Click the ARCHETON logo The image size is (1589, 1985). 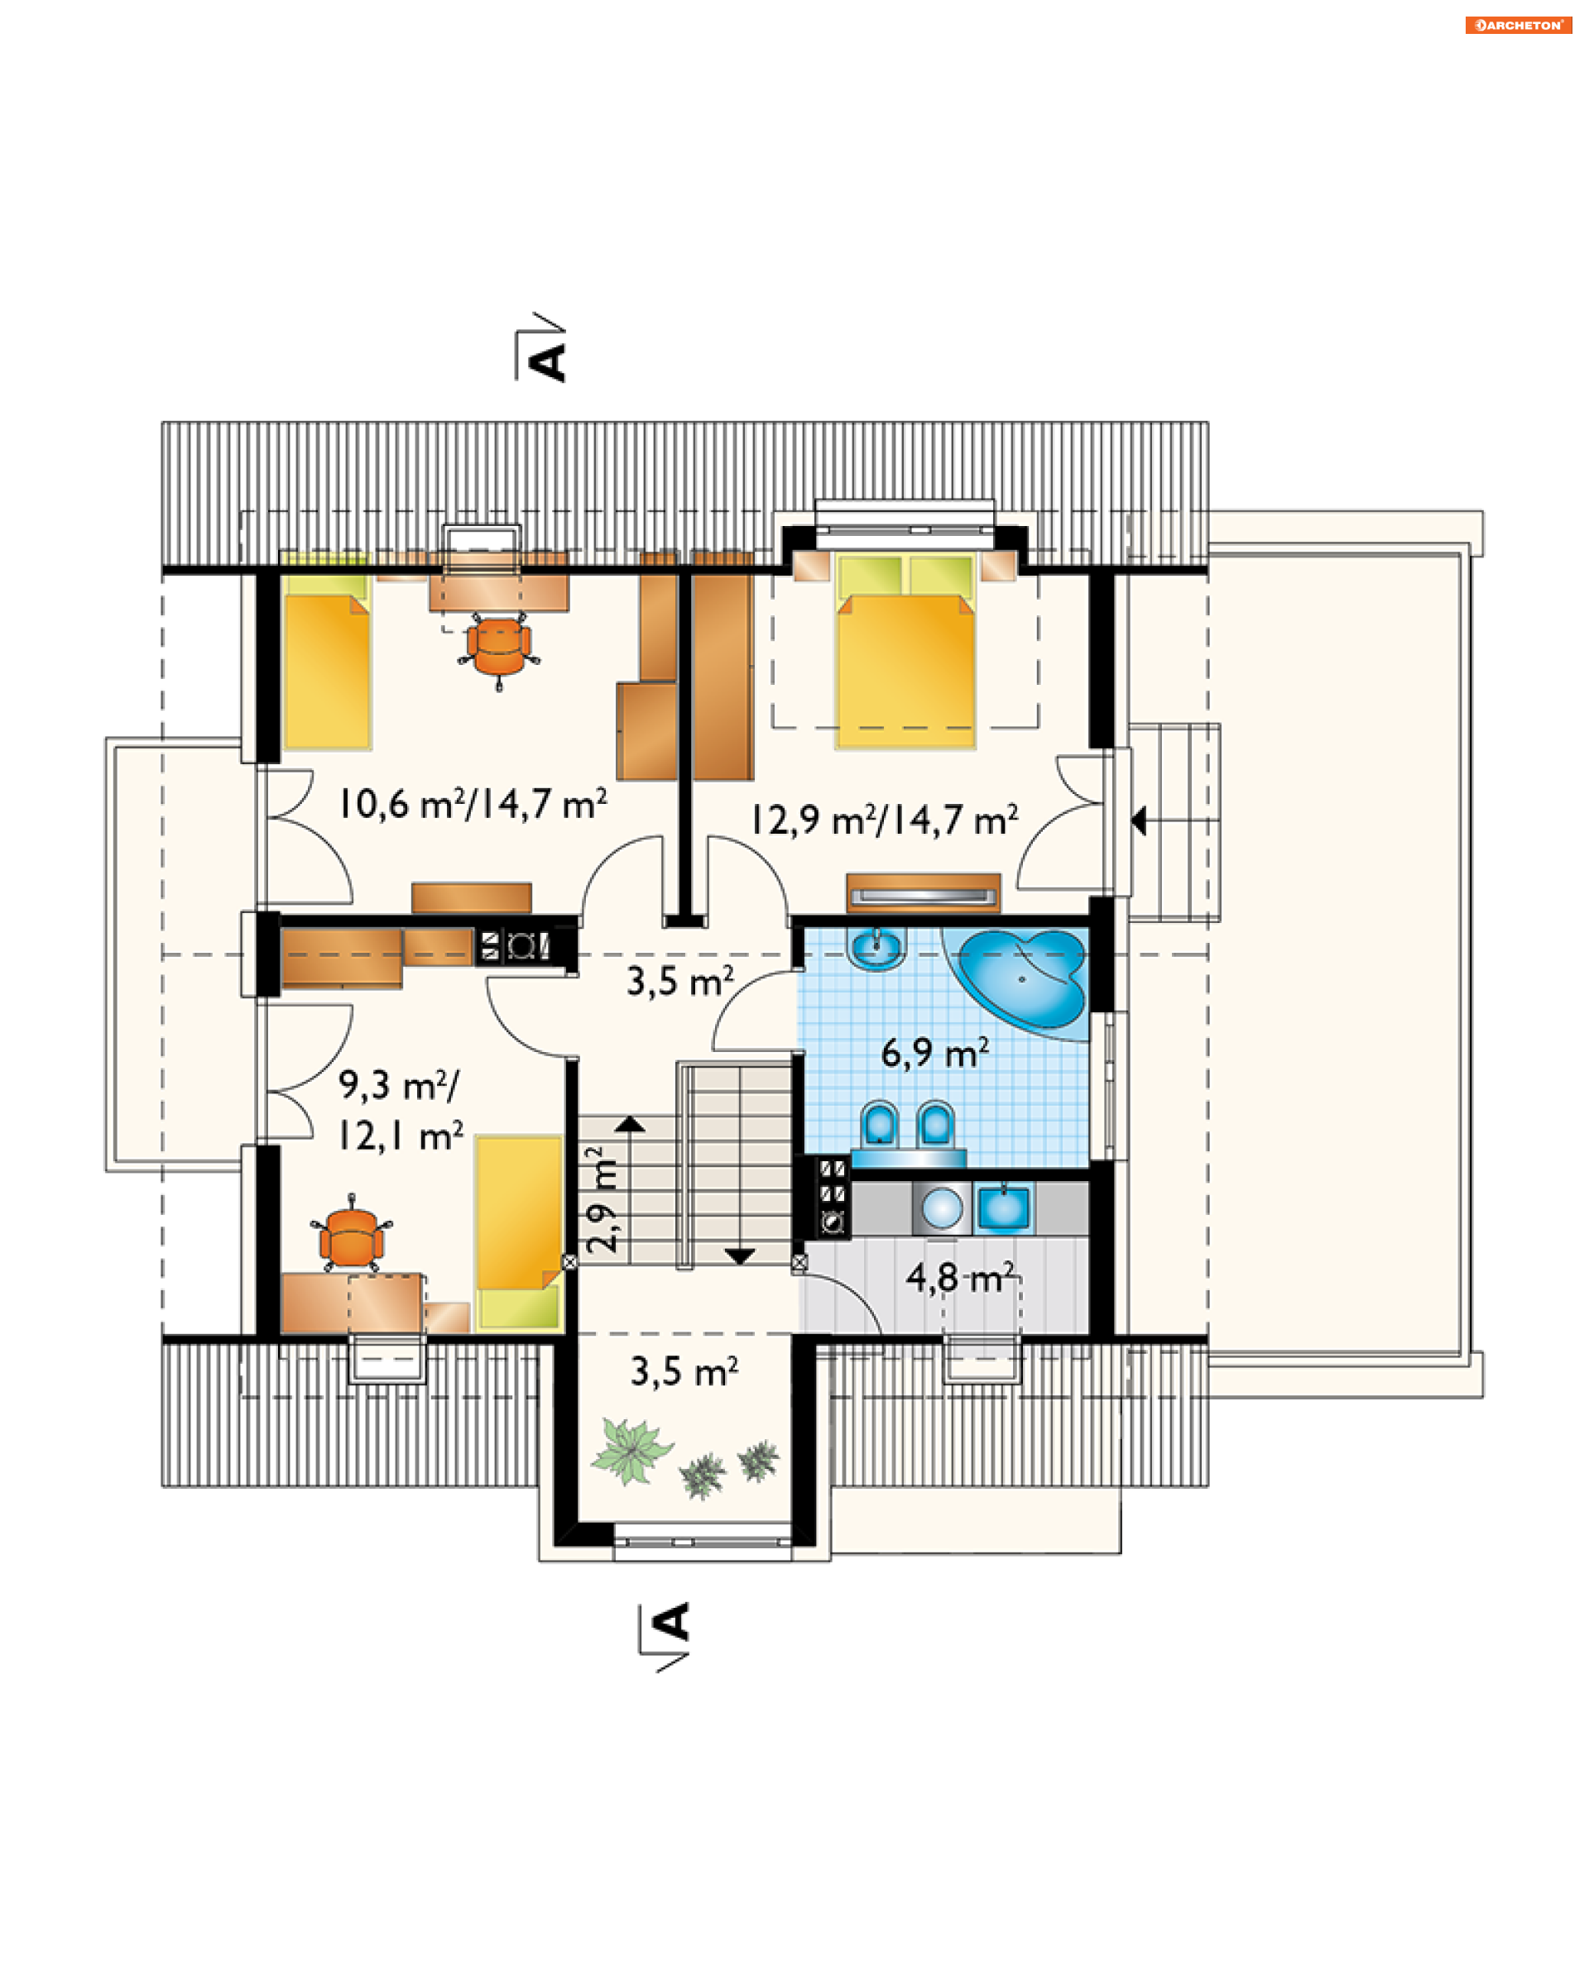coord(1518,25)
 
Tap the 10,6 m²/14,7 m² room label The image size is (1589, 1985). coord(473,804)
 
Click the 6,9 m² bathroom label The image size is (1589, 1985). coord(935,1052)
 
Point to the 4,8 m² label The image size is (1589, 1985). coord(960,1277)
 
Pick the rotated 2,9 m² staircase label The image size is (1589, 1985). coord(603,1198)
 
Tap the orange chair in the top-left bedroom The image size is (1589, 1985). coord(498,650)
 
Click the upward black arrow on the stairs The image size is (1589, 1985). coord(630,1124)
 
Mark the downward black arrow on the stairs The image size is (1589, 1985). coord(740,1256)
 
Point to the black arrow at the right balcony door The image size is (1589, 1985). coord(1139,820)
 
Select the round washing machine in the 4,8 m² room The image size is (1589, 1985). coord(942,1208)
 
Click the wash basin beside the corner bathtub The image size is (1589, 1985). coord(876,949)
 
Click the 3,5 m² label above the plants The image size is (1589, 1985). coord(684,1372)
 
